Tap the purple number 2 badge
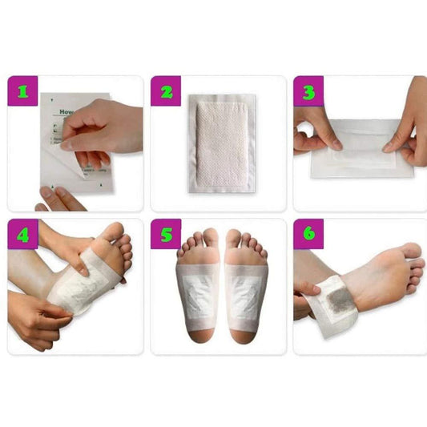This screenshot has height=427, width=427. [x=167, y=91]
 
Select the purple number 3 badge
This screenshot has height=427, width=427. [x=309, y=91]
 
